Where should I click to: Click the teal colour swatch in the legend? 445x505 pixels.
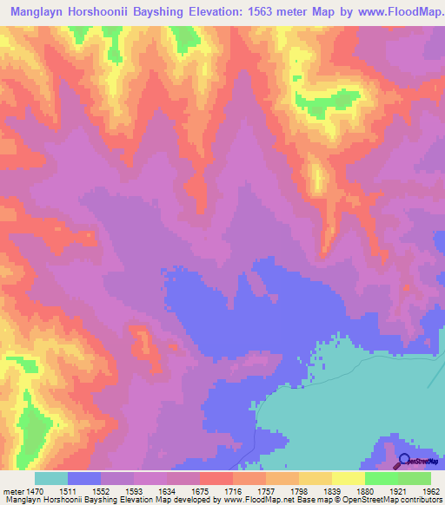tap(51, 478)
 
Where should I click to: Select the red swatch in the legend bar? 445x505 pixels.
tap(216, 478)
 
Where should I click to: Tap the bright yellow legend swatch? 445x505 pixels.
tap(349, 478)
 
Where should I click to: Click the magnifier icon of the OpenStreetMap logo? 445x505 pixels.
tap(403, 460)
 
